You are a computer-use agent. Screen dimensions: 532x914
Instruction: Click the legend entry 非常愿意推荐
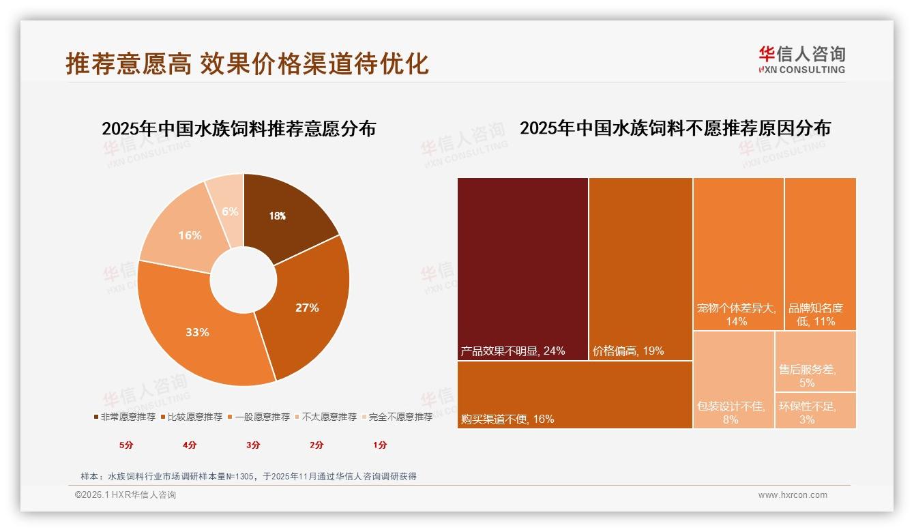124,417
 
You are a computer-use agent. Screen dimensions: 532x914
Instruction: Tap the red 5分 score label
126,445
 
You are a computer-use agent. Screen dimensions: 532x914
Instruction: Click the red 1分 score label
380,445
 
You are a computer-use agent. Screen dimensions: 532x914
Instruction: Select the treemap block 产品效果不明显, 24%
522,269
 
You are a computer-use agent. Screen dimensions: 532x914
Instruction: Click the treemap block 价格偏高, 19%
640,269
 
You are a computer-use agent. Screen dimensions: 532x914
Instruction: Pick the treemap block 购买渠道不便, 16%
574,394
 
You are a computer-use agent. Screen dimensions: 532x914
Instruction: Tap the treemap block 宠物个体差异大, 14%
738,254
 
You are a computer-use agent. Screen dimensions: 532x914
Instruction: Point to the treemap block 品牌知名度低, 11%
820,254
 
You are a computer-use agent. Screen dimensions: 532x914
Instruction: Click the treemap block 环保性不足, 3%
815,411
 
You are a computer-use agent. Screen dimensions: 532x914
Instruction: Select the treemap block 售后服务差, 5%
815,361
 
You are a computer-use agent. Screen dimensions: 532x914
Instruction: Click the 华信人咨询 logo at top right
801,59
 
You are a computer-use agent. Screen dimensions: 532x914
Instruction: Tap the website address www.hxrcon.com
793,495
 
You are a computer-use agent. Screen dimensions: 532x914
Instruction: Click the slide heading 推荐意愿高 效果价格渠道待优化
247,63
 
